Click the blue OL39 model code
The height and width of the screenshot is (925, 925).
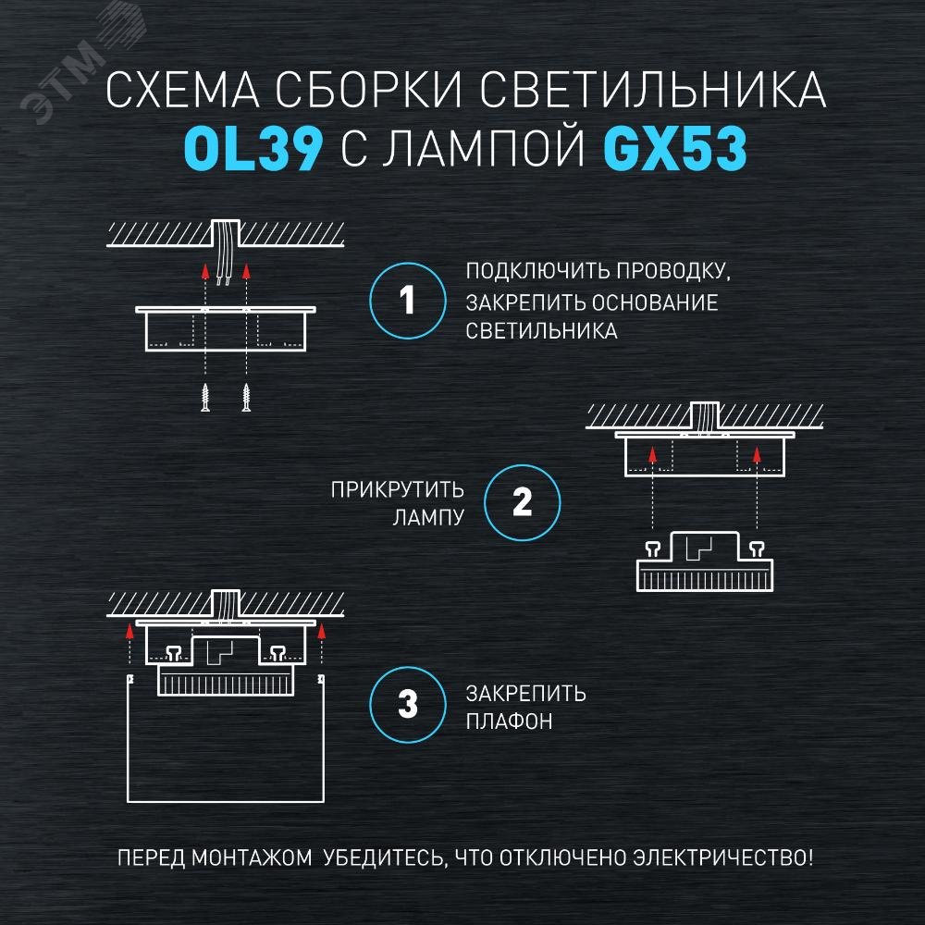tap(253, 149)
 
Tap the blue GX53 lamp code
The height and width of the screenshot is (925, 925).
tap(676, 149)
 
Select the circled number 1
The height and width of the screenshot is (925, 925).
tap(408, 301)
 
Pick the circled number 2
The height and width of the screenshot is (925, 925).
tap(522, 502)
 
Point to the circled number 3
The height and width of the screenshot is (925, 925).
tap(408, 704)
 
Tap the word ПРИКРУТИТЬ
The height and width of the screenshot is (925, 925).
tap(397, 490)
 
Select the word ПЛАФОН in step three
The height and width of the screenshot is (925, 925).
tap(509, 721)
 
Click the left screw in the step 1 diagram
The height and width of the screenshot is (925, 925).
tap(205, 397)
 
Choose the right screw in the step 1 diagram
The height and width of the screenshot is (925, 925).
tap(246, 397)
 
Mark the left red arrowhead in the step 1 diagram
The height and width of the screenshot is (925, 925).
tap(205, 271)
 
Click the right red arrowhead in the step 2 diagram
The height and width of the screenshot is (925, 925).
tap(757, 454)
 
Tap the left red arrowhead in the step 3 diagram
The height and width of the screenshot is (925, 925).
tap(129, 632)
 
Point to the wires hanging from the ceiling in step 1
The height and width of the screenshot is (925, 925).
tap(224, 253)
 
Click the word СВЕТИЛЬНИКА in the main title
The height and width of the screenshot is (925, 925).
tap(652, 90)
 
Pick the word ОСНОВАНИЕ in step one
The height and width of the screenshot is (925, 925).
tap(655, 302)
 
